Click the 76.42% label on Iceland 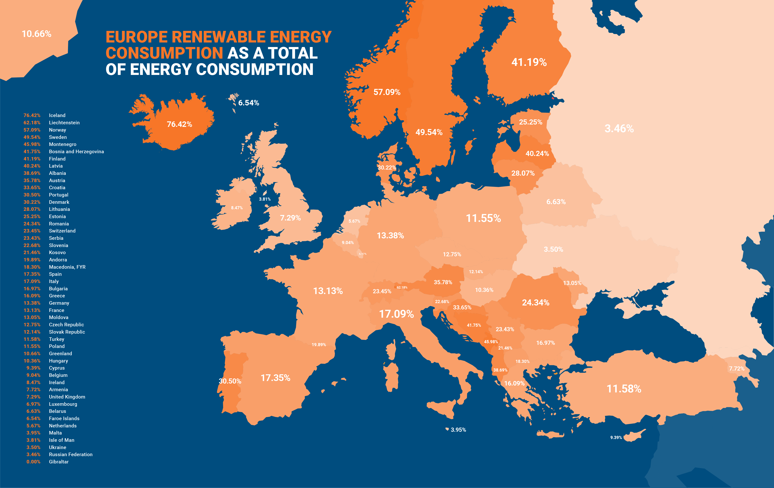(x=179, y=124)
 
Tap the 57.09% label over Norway (x=387, y=92)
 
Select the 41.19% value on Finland (x=529, y=62)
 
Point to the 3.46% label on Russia (x=619, y=129)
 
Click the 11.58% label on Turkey (x=624, y=389)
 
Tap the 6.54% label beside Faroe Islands (x=248, y=103)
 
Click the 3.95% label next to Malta (x=458, y=430)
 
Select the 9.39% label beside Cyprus (x=616, y=437)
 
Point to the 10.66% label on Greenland (x=36, y=34)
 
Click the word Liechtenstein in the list (x=64, y=123)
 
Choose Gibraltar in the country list (x=59, y=462)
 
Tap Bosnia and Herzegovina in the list (x=76, y=151)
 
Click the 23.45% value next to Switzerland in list (x=32, y=231)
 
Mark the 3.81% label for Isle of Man (x=265, y=199)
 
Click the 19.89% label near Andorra (x=319, y=345)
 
